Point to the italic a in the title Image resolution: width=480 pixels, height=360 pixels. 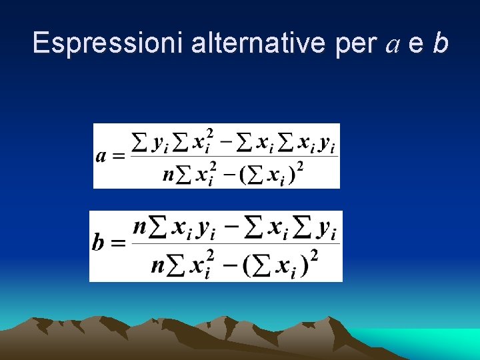point(393,45)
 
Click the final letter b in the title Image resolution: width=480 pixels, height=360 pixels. point(439,44)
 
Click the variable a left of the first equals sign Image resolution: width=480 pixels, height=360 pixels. point(101,156)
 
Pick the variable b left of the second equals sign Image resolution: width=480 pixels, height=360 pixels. point(99,241)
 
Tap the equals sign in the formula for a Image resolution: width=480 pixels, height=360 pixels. point(119,157)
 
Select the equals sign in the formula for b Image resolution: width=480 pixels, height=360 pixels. point(118,243)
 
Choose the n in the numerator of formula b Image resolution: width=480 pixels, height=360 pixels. point(140,227)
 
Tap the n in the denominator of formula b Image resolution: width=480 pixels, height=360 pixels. point(157,266)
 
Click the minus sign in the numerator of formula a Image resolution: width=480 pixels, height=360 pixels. point(226,142)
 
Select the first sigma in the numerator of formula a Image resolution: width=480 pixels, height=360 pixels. point(140,142)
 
